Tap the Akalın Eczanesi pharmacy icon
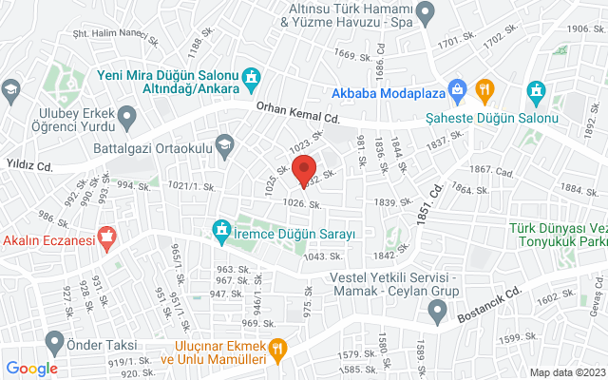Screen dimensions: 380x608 [107, 238]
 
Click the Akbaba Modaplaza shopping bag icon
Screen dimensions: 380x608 [458, 91]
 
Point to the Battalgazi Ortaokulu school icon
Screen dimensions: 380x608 [225, 145]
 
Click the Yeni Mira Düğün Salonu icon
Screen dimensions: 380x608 [251, 76]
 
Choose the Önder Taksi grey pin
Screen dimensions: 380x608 [54, 340]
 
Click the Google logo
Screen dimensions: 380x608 [32, 369]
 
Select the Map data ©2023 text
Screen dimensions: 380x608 [566, 372]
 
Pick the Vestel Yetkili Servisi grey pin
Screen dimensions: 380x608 [437, 309]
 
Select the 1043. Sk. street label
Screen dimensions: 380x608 [323, 256]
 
